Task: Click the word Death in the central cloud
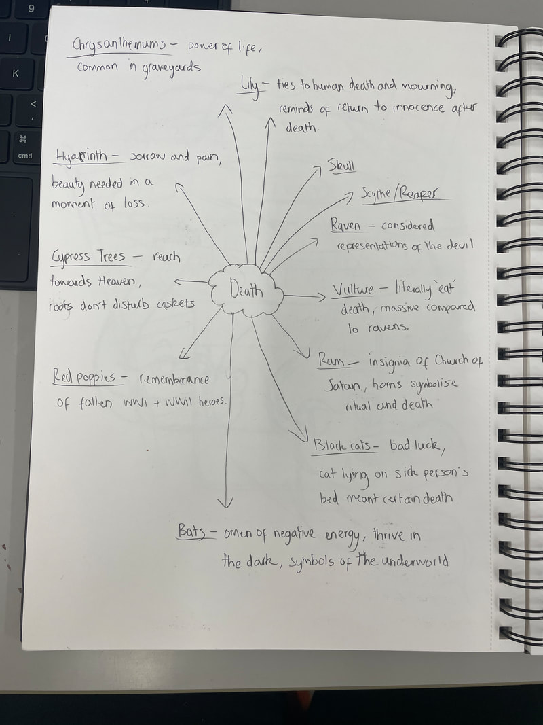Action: [246, 291]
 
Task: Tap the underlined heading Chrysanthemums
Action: [119, 46]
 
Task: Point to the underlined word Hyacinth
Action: [81, 156]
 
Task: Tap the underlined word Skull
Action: [341, 165]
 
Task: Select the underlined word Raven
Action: [346, 225]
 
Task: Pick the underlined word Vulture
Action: [353, 290]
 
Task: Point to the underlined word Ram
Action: [331, 359]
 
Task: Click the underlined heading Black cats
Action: [342, 445]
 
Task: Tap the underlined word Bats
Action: [191, 531]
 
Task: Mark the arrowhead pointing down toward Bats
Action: [225, 502]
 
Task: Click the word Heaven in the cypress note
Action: [116, 281]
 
